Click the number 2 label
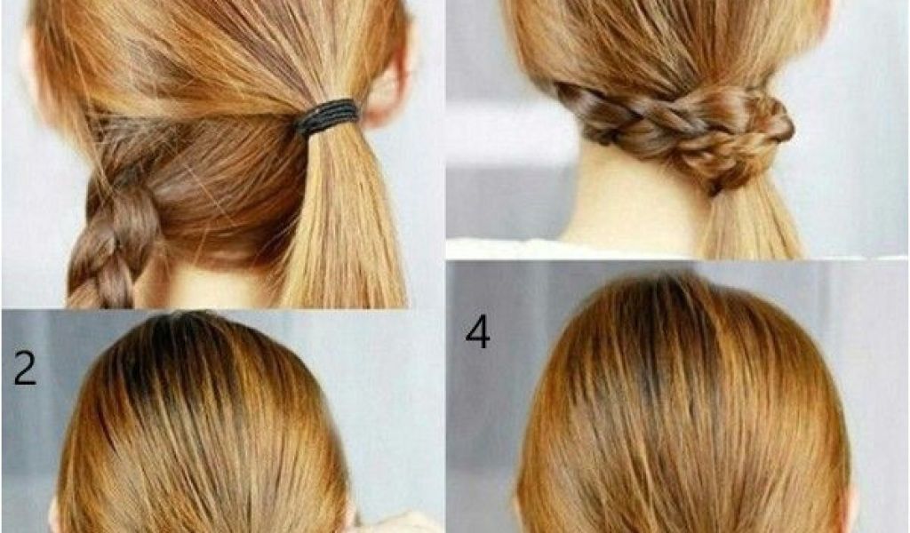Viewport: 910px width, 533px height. coord(24,369)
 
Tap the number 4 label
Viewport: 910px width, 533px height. coord(477,331)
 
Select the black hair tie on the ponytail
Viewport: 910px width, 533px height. coord(327,117)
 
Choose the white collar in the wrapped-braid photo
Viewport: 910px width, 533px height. coord(580,248)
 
